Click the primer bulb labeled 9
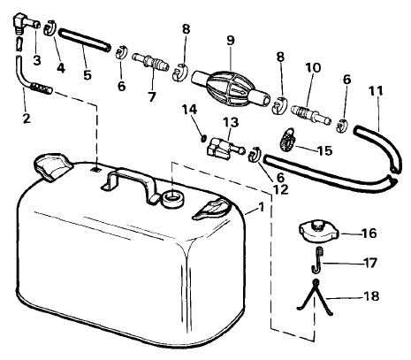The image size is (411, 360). [231, 88]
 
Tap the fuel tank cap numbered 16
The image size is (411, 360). [319, 232]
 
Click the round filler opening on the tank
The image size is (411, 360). [173, 199]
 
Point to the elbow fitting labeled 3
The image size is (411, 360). [26, 24]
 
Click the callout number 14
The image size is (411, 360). [189, 110]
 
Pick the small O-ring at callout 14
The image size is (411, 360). [203, 138]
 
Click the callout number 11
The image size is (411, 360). [376, 91]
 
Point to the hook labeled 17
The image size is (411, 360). [317, 260]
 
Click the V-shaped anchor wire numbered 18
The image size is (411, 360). [315, 298]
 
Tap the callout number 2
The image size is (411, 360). [27, 119]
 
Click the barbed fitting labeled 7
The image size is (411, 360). [150, 61]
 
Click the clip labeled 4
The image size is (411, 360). [50, 28]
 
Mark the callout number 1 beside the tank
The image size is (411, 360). [261, 208]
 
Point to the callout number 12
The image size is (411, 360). [281, 190]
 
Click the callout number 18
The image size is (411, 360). [371, 295]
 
